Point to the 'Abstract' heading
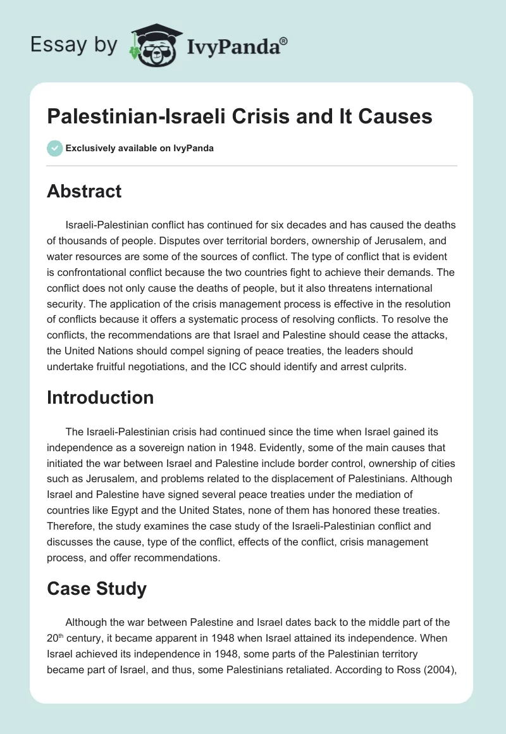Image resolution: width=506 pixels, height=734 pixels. pyautogui.click(x=84, y=191)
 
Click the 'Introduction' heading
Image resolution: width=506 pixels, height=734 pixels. pyautogui.click(x=100, y=397)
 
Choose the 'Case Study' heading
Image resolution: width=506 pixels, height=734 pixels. pyautogui.click(x=96, y=588)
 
